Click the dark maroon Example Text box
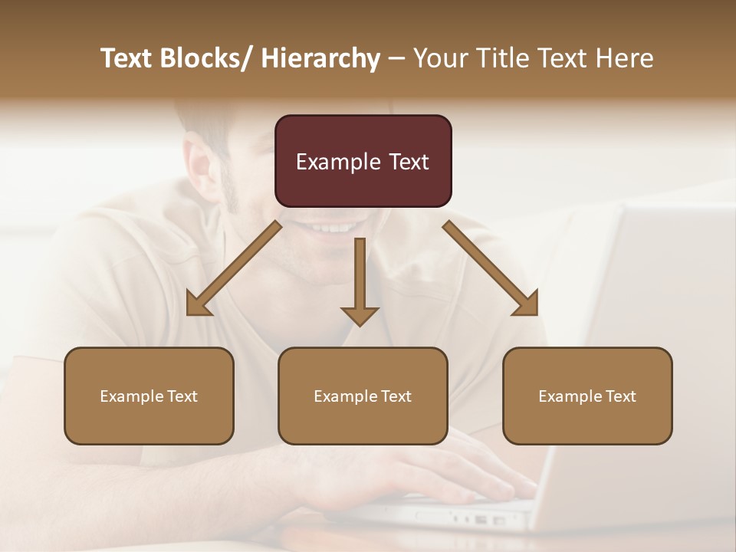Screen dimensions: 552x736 363,161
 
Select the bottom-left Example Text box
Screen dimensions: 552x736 149,396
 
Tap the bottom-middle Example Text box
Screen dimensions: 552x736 363,396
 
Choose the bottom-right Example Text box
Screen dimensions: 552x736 587,396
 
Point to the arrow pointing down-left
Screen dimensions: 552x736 234,268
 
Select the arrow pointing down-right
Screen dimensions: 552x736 491,268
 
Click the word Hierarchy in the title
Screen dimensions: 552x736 320,58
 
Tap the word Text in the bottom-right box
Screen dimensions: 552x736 620,396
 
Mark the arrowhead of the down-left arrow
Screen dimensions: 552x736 198,304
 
